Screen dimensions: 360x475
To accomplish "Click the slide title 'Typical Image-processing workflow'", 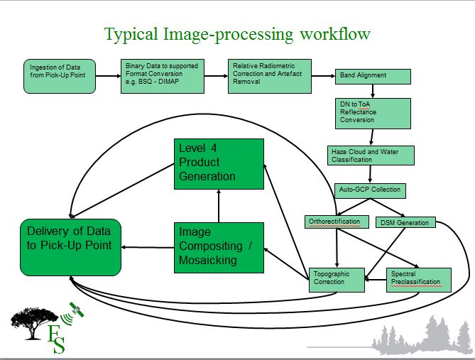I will (237, 33).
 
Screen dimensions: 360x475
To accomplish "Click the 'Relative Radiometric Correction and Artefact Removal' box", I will (271, 76).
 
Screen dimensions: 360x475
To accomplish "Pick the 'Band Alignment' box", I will (372, 75).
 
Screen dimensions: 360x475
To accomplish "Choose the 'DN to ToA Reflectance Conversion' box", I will (373, 113).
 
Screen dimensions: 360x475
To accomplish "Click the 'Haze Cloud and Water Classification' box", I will (371, 156).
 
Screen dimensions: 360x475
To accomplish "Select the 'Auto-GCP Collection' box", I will (371, 190).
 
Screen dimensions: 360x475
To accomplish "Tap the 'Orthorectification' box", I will (337, 222).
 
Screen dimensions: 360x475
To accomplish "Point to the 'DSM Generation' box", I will (403, 222).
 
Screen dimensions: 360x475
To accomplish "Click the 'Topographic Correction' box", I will (337, 277).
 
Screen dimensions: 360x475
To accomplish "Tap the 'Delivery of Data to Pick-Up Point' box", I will (70, 247).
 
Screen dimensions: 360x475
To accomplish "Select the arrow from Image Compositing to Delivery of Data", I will (148, 248).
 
